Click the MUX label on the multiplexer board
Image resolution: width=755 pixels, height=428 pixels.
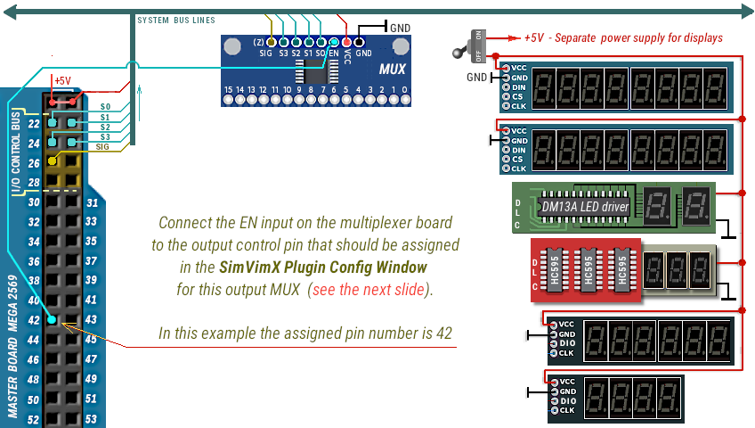[393, 70]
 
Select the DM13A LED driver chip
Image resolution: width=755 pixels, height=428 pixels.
[584, 207]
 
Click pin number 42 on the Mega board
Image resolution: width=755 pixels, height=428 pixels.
[34, 320]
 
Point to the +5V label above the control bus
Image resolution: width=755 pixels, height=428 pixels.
[62, 80]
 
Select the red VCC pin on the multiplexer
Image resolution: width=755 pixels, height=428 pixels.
[346, 42]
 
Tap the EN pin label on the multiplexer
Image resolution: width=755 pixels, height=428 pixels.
[334, 53]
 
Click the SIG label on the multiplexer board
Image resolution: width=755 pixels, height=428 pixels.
[265, 53]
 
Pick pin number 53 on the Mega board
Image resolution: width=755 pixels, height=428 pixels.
[91, 419]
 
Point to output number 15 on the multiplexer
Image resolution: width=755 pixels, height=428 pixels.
[229, 90]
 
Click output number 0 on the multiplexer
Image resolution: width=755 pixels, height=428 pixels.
[406, 90]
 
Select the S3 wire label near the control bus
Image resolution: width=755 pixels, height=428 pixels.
[104, 136]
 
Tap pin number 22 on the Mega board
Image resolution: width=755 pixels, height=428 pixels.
[34, 123]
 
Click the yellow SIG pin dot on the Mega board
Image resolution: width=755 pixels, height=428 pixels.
[53, 160]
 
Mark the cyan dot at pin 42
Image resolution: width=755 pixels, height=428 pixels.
[53, 320]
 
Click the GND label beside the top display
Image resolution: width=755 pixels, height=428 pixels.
[478, 78]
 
